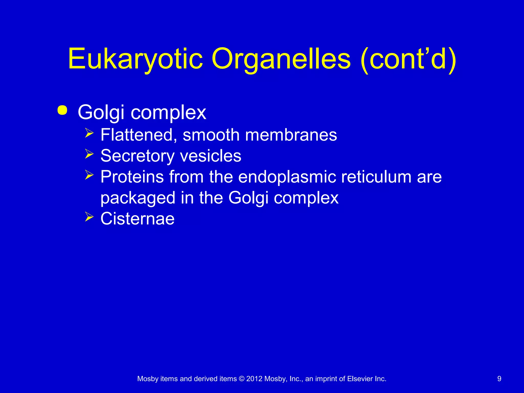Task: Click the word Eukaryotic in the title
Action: coord(135,59)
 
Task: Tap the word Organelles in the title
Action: coord(281,59)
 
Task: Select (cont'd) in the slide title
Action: coord(408,59)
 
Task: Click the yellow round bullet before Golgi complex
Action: coord(62,111)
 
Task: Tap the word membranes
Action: coord(291,135)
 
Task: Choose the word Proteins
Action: coord(132,177)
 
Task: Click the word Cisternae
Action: coord(137,219)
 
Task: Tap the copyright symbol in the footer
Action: coord(242,379)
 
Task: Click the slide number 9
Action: coord(499,379)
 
